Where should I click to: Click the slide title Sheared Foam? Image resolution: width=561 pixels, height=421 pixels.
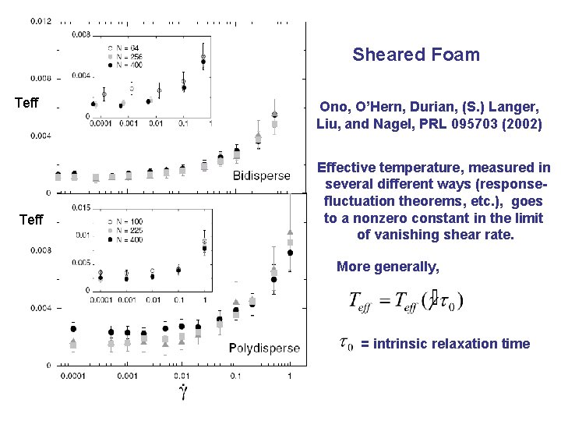tap(415, 55)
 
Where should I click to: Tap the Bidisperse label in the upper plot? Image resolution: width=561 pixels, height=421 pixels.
tap(262, 176)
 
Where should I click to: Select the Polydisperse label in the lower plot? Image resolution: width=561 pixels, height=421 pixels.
tap(264, 348)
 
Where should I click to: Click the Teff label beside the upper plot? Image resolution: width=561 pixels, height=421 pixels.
tap(27, 103)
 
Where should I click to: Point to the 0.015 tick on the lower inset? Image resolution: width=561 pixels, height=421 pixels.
tap(80, 207)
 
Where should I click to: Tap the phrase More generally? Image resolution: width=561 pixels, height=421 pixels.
tap(387, 267)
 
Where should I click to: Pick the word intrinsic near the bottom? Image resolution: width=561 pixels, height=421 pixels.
tap(400, 344)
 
